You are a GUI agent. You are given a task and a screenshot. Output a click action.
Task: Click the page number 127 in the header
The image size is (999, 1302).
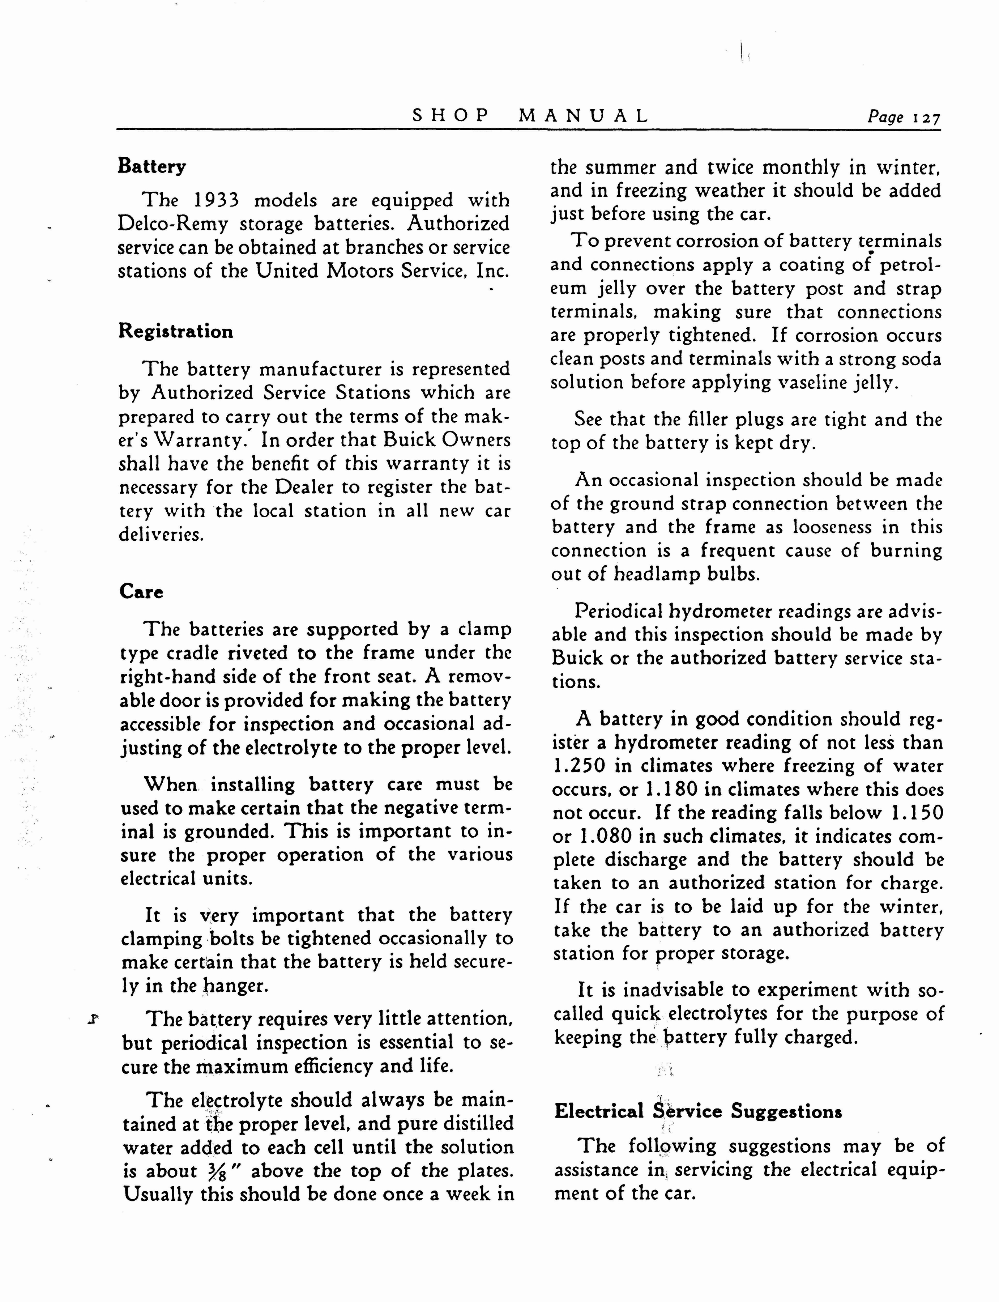coord(928,118)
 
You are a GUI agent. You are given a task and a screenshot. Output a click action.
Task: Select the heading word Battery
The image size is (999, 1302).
coord(151,166)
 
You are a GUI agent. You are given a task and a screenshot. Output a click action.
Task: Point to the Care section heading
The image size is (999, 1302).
coord(141,591)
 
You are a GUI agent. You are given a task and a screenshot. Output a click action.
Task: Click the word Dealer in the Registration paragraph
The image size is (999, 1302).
coord(304,487)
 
